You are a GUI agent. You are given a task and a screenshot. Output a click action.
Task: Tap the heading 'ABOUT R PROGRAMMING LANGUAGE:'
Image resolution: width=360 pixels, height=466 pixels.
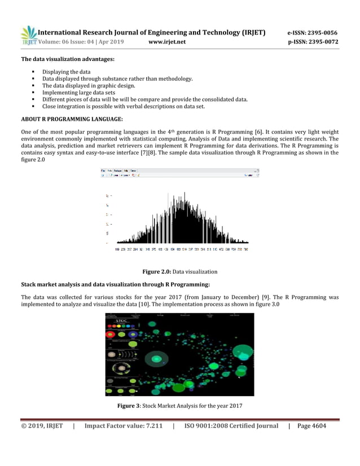tap(72, 119)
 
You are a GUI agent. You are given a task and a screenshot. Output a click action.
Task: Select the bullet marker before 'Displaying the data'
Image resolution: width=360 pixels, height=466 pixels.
tap(35, 72)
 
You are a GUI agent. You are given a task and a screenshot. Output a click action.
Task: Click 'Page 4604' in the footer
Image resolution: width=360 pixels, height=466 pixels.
tap(311, 425)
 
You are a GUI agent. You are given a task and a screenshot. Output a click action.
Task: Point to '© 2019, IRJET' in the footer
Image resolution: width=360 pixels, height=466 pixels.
tap(42, 425)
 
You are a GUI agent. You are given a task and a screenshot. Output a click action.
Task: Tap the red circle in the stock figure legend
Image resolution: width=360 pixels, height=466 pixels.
tap(112, 334)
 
